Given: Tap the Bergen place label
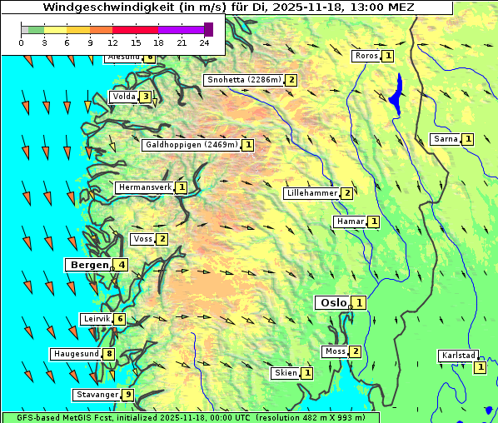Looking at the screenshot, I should (89, 265).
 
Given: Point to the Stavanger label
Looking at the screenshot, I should (97, 395).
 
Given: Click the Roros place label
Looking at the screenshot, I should (366, 56).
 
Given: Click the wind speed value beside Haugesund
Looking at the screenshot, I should (109, 354).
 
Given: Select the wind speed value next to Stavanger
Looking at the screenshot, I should (127, 395).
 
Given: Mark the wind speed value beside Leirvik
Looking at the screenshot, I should (120, 319).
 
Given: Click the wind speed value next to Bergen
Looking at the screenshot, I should (122, 265).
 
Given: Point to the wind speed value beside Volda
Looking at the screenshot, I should (146, 97).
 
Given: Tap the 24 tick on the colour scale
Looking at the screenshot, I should (204, 42).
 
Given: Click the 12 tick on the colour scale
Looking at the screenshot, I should (112, 42).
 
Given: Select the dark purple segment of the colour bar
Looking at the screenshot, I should (208, 29).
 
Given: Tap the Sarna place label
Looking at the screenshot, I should (446, 139).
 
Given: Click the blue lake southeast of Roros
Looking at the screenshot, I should (396, 92).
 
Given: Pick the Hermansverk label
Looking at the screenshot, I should (145, 187).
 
